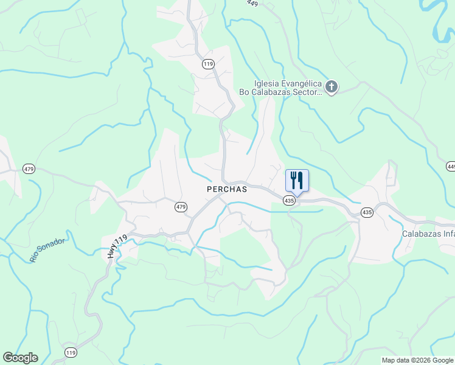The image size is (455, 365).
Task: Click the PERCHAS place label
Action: coord(227,189)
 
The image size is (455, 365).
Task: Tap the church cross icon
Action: coord(331,88)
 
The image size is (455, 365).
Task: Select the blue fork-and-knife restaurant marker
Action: coord(297,181)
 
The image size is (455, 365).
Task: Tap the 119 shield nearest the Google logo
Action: coord(71,353)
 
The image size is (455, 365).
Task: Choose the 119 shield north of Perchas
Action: coord(209,64)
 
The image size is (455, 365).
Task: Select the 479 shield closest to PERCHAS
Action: coord(181,207)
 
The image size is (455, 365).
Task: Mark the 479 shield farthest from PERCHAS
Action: coord(29,168)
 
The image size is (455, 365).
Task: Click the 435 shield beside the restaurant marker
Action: coord(290,200)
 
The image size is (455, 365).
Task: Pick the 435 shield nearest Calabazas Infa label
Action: coord(366,212)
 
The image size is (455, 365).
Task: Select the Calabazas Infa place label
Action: coord(428,234)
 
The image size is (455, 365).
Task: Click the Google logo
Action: coord(20,358)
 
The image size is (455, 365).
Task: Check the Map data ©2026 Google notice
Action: coord(417,360)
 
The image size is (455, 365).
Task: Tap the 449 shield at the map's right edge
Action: coord(451,166)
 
